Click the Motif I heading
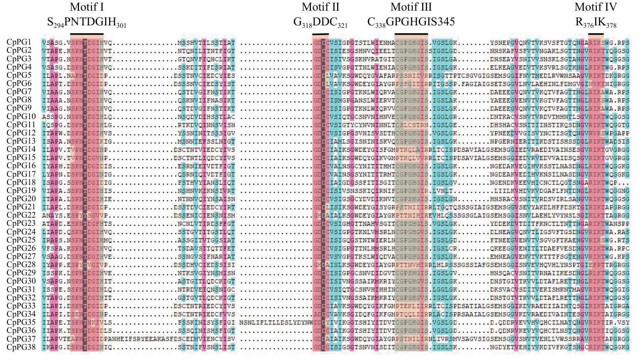click(87, 7)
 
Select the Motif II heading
click(321, 7)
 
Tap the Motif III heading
click(411, 7)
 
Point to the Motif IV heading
click(596, 7)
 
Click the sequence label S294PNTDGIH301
click(87, 22)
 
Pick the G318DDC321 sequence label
click(320, 22)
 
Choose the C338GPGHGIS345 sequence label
click(411, 22)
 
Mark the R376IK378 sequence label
click(596, 22)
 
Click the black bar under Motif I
click(87, 34)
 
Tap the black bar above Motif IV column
click(596, 34)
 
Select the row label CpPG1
click(19, 42)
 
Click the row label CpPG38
click(21, 347)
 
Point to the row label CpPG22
click(21, 215)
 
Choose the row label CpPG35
click(21, 322)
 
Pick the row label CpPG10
click(21, 116)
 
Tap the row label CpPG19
click(21, 190)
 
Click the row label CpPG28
click(21, 265)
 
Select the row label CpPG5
click(19, 75)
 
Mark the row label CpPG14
click(21, 149)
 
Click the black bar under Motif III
click(411, 34)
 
